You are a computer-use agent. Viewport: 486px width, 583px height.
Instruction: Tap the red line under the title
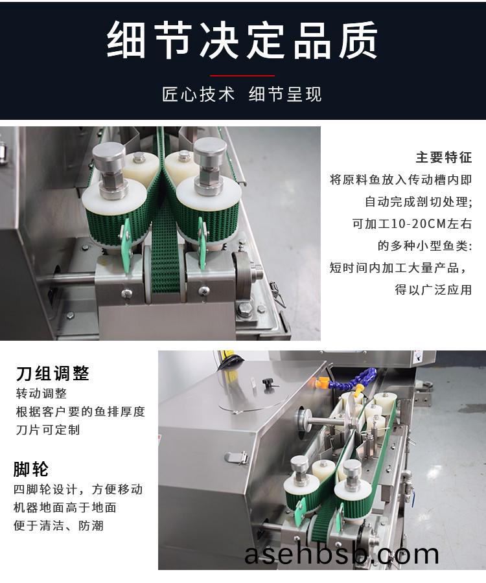pos(242,76)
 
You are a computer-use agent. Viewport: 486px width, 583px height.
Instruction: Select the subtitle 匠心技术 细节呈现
pos(242,94)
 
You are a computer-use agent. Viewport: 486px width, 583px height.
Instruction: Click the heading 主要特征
pos(444,157)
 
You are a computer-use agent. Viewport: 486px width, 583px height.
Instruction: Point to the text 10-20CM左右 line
pos(412,224)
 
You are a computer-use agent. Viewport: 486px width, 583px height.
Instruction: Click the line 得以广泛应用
pos(434,290)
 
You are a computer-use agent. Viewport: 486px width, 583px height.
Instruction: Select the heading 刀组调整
pos(52,373)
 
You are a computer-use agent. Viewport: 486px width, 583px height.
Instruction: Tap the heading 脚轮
pos(31,469)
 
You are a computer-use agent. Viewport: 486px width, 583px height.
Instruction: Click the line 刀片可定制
pos(48,430)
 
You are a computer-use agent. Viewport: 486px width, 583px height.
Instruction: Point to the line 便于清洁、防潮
pos(59,525)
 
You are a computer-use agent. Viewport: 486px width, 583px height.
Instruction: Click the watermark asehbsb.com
pos(341,554)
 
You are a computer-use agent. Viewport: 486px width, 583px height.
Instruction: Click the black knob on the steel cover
pos(268,383)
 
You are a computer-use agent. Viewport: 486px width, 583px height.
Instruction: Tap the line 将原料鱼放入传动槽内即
pos(401,180)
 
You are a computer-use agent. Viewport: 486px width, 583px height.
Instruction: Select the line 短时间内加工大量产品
pos(397,268)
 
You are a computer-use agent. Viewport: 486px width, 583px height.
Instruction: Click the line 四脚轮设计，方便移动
pos(78,489)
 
